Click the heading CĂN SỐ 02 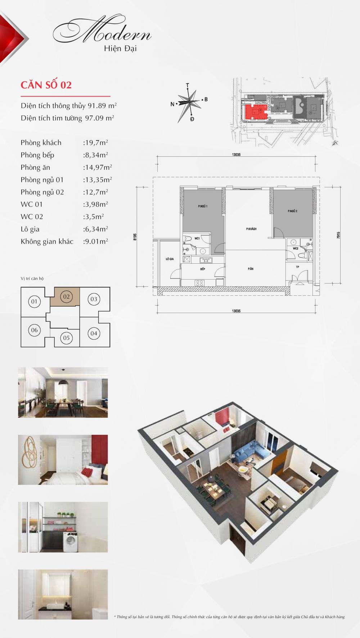46,85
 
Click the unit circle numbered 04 94,333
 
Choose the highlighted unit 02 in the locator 66,297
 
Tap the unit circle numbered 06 34,330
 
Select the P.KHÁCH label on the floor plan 251,229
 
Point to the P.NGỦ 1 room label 202,206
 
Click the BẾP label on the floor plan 202,269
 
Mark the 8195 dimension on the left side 135,237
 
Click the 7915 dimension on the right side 339,235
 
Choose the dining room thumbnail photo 63,392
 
